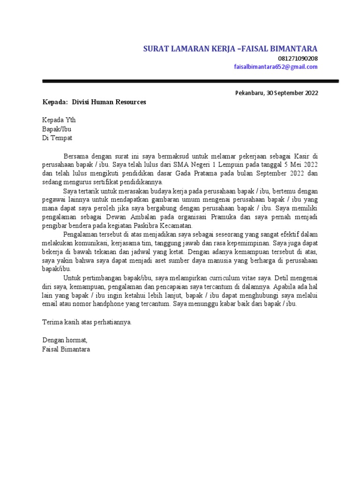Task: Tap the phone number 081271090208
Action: point(298,59)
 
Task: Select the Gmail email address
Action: point(276,67)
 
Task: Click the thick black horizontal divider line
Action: point(190,81)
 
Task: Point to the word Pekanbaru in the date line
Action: point(249,93)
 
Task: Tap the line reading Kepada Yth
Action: point(59,120)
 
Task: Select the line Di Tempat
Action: point(57,138)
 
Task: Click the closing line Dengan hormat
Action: point(65,340)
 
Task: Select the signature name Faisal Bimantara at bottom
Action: point(66,349)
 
